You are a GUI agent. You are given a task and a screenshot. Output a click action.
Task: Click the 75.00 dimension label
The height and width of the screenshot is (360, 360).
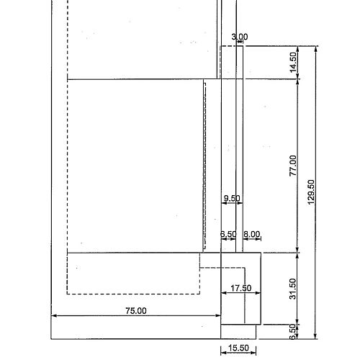[x=136, y=311]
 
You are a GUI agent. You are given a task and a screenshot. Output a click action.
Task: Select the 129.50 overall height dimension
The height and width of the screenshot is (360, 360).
[x=311, y=192]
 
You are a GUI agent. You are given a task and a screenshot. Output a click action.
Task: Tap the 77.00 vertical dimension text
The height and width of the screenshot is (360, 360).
[x=293, y=166]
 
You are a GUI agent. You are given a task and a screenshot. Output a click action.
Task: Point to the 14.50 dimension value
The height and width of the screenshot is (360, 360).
[x=293, y=62]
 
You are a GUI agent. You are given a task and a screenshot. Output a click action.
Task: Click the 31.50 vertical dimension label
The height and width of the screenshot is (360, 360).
[x=293, y=289]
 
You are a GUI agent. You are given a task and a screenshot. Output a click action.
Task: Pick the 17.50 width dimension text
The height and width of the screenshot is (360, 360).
[x=241, y=288]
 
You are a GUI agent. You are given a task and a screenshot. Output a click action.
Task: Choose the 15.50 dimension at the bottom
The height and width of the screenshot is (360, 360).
[x=238, y=348]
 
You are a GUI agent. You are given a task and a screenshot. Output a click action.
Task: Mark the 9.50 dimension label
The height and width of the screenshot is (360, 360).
[x=232, y=198]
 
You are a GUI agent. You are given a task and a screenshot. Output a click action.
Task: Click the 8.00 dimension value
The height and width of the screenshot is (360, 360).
[x=252, y=234]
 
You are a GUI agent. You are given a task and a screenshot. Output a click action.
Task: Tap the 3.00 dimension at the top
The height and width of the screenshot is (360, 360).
[x=240, y=37]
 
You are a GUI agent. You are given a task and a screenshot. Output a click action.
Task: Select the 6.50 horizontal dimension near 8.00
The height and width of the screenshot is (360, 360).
[x=228, y=234]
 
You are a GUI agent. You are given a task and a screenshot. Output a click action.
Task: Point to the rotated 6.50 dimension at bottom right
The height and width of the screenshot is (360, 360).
[x=293, y=332]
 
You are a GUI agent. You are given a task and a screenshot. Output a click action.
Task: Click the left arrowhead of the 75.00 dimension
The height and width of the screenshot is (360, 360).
[x=54, y=315]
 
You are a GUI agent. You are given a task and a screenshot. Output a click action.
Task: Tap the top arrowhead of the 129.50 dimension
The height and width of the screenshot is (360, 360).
[x=316, y=49]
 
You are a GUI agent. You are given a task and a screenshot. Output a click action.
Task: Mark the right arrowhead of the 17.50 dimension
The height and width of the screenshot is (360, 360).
[x=258, y=293]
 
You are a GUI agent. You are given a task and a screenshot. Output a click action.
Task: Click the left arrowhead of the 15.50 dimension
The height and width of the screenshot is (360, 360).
[x=223, y=353]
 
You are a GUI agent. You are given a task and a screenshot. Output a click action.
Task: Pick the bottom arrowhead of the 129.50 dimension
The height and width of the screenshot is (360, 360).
[x=316, y=336]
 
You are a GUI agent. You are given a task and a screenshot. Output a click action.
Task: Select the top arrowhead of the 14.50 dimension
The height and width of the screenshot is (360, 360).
[x=298, y=49]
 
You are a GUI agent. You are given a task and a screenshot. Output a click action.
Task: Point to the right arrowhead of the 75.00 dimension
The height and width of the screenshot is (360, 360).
[x=218, y=315]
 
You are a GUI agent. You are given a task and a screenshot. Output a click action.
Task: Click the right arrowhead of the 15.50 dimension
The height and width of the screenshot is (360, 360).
[x=253, y=353]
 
